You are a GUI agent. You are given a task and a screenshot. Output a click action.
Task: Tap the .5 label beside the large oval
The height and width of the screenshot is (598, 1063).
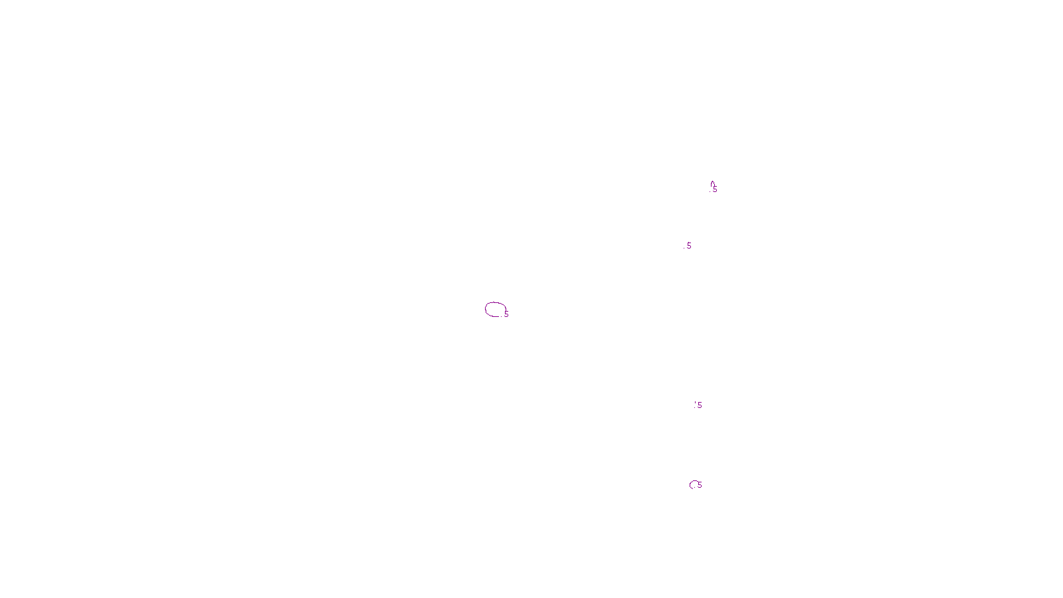[506, 314]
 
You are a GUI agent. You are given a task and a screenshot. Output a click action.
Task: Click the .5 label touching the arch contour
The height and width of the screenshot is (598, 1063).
[715, 189]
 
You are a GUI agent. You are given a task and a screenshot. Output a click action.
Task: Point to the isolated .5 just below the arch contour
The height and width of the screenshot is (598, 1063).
[688, 246]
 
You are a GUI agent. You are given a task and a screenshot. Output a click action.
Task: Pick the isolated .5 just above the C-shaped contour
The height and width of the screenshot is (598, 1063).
[699, 405]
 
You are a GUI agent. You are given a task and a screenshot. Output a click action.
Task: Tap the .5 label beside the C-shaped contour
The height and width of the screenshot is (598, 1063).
[700, 485]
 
